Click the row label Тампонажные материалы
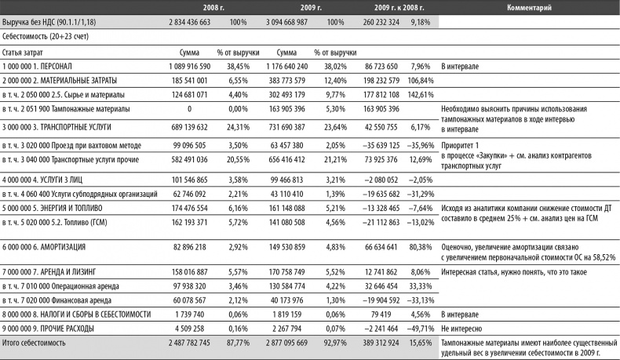click(x=65, y=108)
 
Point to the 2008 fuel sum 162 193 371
click(x=191, y=221)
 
